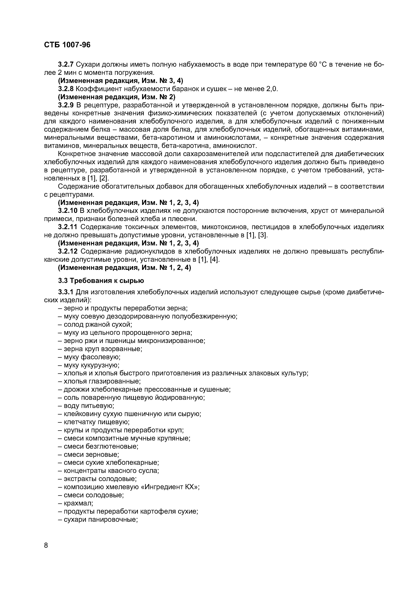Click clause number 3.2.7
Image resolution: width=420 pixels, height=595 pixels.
(x=66, y=64)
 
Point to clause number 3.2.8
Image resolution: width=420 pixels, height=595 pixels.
(x=66, y=89)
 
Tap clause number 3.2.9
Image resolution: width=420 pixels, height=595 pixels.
(x=66, y=105)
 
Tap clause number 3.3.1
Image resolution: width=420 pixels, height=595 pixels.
(x=66, y=292)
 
